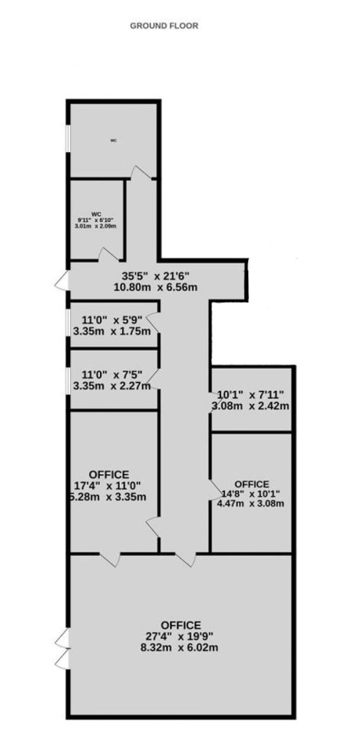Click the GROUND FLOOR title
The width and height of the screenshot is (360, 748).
click(x=164, y=26)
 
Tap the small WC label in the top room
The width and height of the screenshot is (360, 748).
click(x=113, y=140)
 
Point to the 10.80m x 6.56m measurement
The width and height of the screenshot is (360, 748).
click(x=156, y=287)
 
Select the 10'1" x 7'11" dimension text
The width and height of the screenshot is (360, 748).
click(x=250, y=395)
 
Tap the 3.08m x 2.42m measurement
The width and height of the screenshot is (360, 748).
click(x=250, y=406)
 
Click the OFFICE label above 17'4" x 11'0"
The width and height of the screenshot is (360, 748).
click(x=109, y=475)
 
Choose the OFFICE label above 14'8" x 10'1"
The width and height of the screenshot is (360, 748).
click(x=252, y=484)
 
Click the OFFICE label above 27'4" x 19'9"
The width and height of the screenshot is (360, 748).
click(x=180, y=625)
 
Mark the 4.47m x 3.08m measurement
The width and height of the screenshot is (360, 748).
click(x=250, y=503)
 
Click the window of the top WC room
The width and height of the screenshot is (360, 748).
click(x=68, y=139)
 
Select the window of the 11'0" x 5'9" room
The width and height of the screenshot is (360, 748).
click(x=68, y=324)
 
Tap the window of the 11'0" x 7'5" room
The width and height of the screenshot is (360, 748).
click(x=68, y=380)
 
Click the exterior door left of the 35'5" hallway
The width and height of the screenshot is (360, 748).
click(x=63, y=281)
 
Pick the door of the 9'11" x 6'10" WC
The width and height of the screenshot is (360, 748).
click(x=109, y=255)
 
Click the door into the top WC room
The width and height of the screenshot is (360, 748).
click(x=141, y=172)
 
